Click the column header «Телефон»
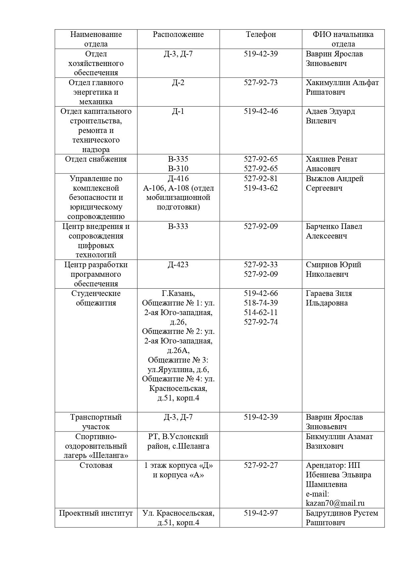tap(261, 34)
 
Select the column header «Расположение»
tap(178, 34)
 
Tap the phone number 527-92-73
tap(261, 82)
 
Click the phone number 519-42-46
tap(261, 111)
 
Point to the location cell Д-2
tap(178, 82)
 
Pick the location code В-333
tap(178, 226)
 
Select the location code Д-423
tap(178, 265)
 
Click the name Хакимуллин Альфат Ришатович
tap(342, 87)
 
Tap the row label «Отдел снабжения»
tap(96, 159)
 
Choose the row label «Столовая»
tap(96, 465)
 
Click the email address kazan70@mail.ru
tap(335, 503)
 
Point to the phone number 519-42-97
tap(261, 513)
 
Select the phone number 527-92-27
tap(261, 465)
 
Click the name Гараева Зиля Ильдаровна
tap(329, 298)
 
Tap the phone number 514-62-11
tap(261, 312)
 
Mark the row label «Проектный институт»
tap(96, 513)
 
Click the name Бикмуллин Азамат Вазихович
tap(339, 441)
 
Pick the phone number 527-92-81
tap(261, 178)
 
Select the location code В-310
tap(178, 169)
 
